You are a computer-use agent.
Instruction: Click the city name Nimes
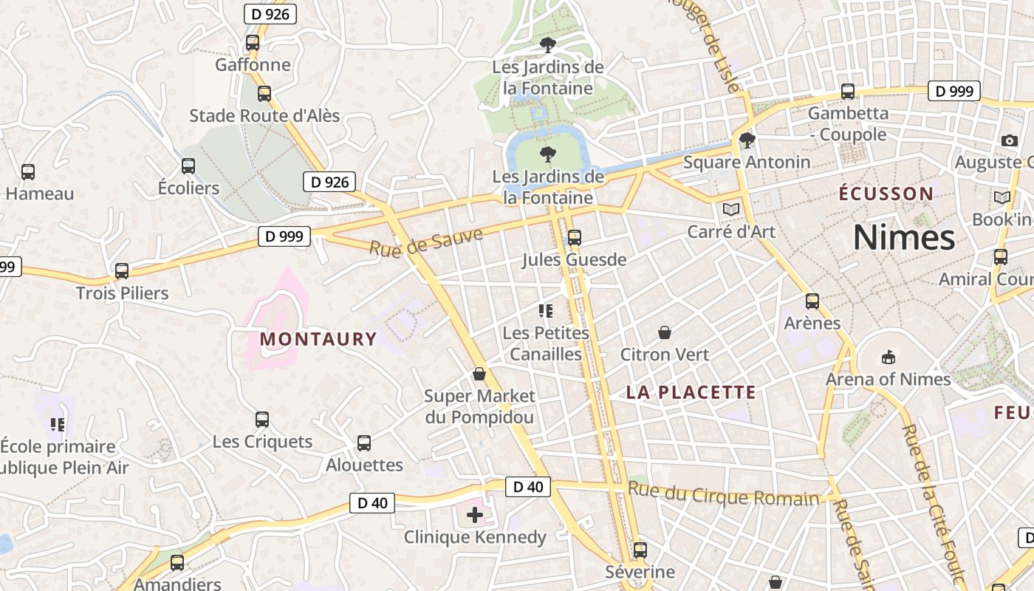pyautogui.click(x=904, y=238)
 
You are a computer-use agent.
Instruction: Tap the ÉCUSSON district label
pyautogui.click(x=886, y=194)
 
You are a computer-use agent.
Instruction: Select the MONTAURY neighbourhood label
pyautogui.click(x=318, y=339)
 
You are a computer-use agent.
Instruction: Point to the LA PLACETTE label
pyautogui.click(x=691, y=392)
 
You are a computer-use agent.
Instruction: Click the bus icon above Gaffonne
pyautogui.click(x=253, y=43)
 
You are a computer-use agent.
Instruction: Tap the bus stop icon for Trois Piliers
pyautogui.click(x=122, y=271)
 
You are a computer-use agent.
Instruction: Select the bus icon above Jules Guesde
pyautogui.click(x=574, y=238)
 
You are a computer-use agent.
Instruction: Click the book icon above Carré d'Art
pyautogui.click(x=731, y=210)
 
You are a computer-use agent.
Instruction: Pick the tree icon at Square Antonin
pyautogui.click(x=747, y=140)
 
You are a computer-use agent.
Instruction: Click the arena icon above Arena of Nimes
pyautogui.click(x=888, y=358)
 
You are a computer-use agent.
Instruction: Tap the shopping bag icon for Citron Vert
pyautogui.click(x=665, y=332)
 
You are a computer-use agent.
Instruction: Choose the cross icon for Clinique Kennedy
pyautogui.click(x=475, y=515)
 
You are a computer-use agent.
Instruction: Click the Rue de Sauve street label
pyautogui.click(x=426, y=242)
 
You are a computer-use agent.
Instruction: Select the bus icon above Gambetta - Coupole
pyautogui.click(x=848, y=92)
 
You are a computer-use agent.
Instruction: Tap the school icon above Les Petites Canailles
pyautogui.click(x=546, y=311)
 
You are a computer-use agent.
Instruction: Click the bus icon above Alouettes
pyautogui.click(x=364, y=443)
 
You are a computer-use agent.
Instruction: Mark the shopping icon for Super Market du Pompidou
pyautogui.click(x=479, y=374)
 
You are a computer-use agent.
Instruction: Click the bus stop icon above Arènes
pyautogui.click(x=812, y=301)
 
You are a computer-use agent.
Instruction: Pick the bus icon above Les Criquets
pyautogui.click(x=262, y=420)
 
